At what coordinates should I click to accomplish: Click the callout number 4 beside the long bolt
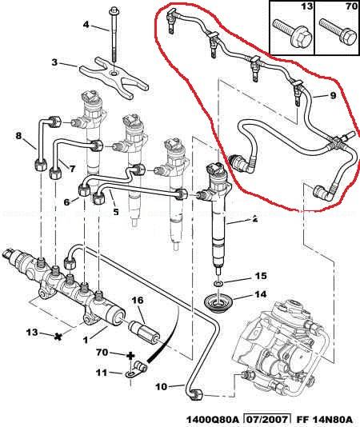[x=86, y=25]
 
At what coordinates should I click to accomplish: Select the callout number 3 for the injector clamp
[x=54, y=62]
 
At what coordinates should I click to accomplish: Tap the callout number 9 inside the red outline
[x=333, y=96]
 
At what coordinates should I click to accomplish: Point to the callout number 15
[x=261, y=276]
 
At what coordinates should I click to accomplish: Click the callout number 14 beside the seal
[x=261, y=294]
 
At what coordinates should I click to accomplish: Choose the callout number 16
[x=138, y=301]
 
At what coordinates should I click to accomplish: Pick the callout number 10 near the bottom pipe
[x=162, y=387]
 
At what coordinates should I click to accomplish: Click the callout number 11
[x=102, y=373]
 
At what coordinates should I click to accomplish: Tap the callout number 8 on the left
[x=18, y=136]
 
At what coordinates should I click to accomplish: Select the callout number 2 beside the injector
[x=254, y=219]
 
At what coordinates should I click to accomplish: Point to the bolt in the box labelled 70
[x=338, y=34]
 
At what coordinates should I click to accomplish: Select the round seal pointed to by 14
[x=217, y=304]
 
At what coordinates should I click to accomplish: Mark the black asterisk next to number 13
[x=57, y=337]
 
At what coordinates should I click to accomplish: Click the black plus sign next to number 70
[x=130, y=356]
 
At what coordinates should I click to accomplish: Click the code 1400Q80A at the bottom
[x=213, y=419]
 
